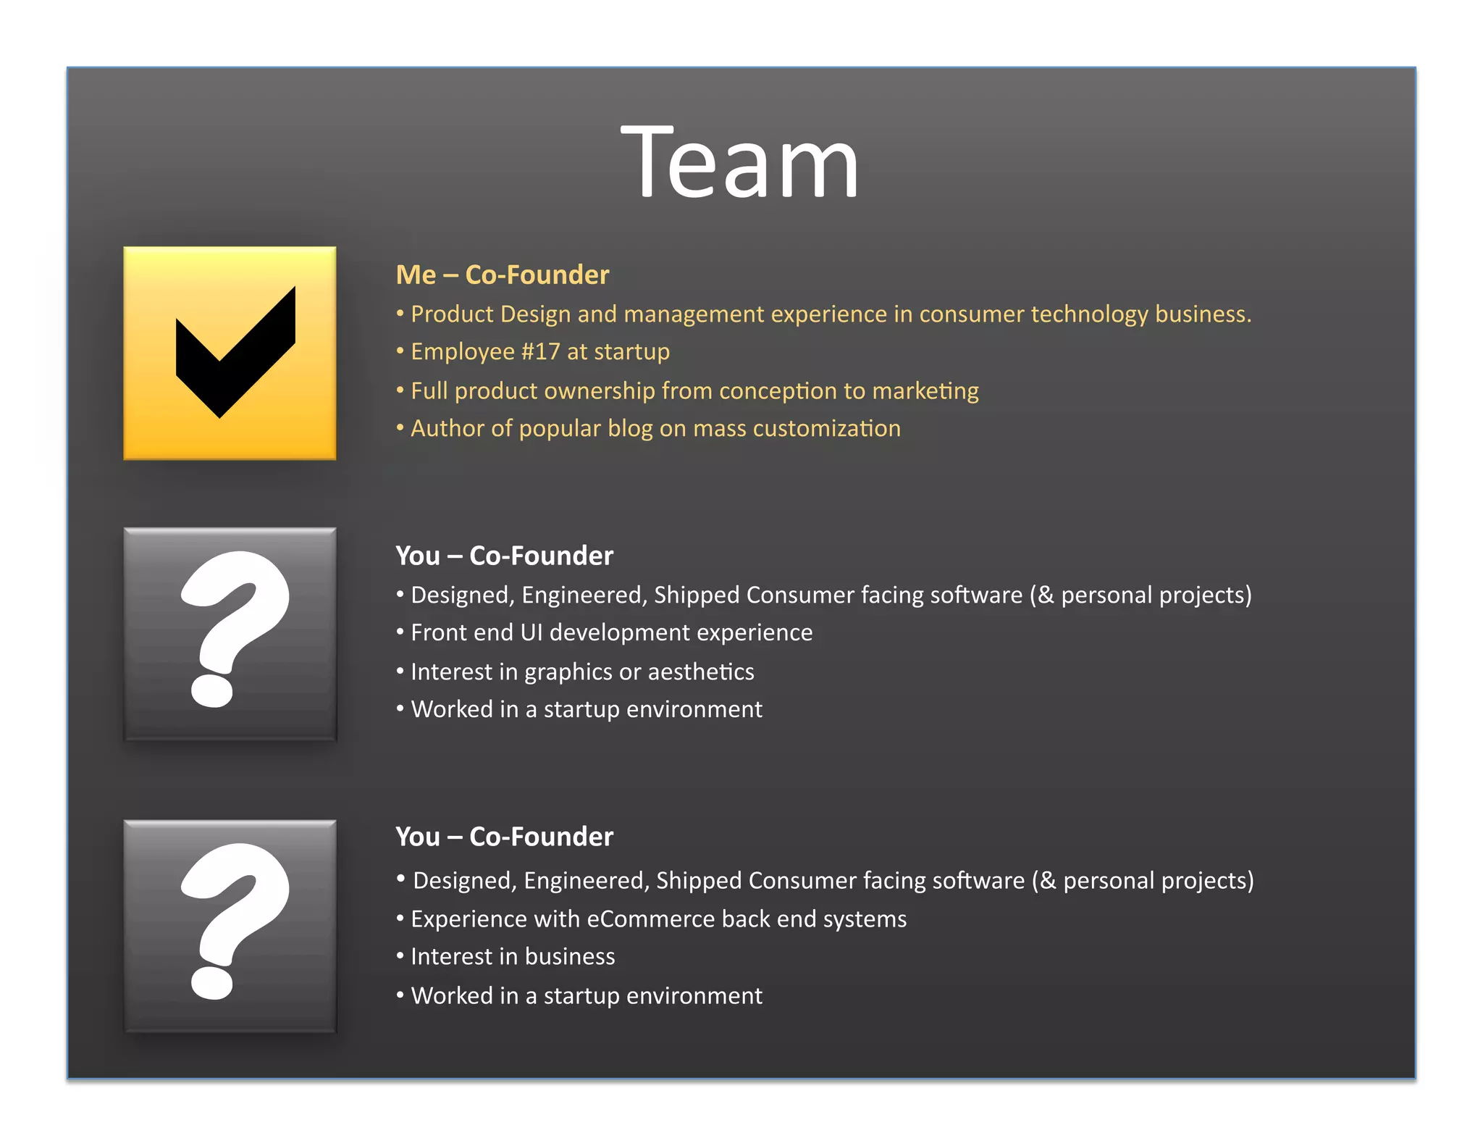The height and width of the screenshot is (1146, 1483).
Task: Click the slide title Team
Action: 739,162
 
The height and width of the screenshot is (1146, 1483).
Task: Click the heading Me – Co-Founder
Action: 502,275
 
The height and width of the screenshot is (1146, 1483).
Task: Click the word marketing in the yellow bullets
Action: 925,391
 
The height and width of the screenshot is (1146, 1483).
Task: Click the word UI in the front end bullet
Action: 531,633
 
